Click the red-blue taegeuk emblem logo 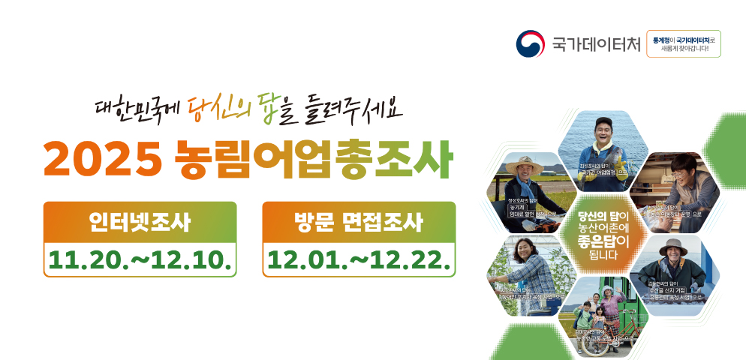pos(531,44)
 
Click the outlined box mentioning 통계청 pos(683,44)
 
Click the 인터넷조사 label pos(140,222)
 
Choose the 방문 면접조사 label pos(359,222)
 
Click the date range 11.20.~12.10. pos(140,259)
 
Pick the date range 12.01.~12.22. pos(359,259)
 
